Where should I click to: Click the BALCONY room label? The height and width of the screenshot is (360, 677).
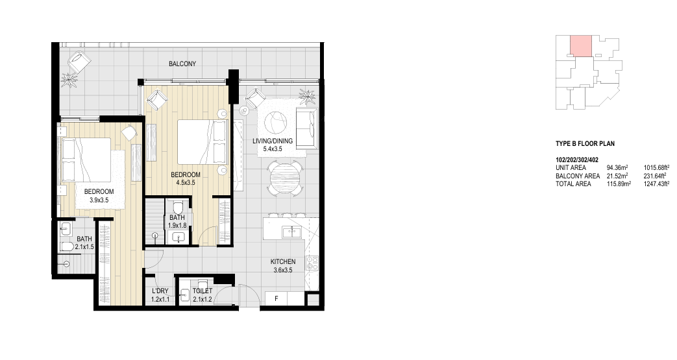[182, 64]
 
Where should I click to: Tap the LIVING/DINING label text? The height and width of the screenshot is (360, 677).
[273, 141]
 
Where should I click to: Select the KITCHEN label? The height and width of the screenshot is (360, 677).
[283, 261]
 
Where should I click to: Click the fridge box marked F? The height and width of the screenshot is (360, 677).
[277, 298]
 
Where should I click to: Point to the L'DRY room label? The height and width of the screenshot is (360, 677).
[160, 291]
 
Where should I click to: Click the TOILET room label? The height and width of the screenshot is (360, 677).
[202, 291]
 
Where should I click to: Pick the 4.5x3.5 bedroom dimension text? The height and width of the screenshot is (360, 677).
[186, 182]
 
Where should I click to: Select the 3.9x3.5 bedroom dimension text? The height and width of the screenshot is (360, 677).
[99, 200]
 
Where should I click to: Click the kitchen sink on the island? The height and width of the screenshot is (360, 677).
[292, 232]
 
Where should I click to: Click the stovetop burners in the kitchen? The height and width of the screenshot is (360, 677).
[312, 263]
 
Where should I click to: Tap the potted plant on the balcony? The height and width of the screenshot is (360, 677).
[69, 80]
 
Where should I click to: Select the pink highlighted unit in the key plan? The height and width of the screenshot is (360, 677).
[581, 46]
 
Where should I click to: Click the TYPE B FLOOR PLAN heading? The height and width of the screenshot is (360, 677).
[585, 144]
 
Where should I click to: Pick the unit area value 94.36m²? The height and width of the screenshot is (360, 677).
[617, 167]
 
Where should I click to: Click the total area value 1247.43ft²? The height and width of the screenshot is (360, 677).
[656, 184]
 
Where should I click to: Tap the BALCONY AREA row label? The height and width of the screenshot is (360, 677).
[577, 176]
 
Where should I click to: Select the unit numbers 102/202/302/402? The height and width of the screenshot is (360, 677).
[577, 160]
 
